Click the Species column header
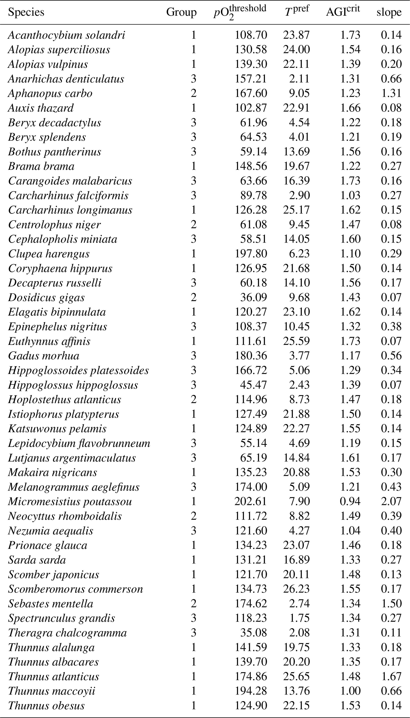click(x=26, y=12)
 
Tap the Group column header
click(x=181, y=12)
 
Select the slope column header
click(x=389, y=12)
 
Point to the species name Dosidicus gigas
click(x=46, y=298)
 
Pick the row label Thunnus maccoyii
click(x=52, y=691)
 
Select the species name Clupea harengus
click(x=49, y=254)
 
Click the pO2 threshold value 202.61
click(x=251, y=501)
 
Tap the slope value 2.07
click(x=391, y=501)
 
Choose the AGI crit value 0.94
click(x=350, y=501)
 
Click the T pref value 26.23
click(x=297, y=589)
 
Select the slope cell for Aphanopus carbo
click(x=391, y=93)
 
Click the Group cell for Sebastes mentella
click(x=193, y=603)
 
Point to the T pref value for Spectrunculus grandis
click(x=299, y=618)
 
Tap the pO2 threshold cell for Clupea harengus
click(x=251, y=254)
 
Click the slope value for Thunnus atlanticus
click(x=391, y=676)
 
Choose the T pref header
click(x=297, y=11)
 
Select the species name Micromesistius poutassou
click(x=70, y=501)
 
